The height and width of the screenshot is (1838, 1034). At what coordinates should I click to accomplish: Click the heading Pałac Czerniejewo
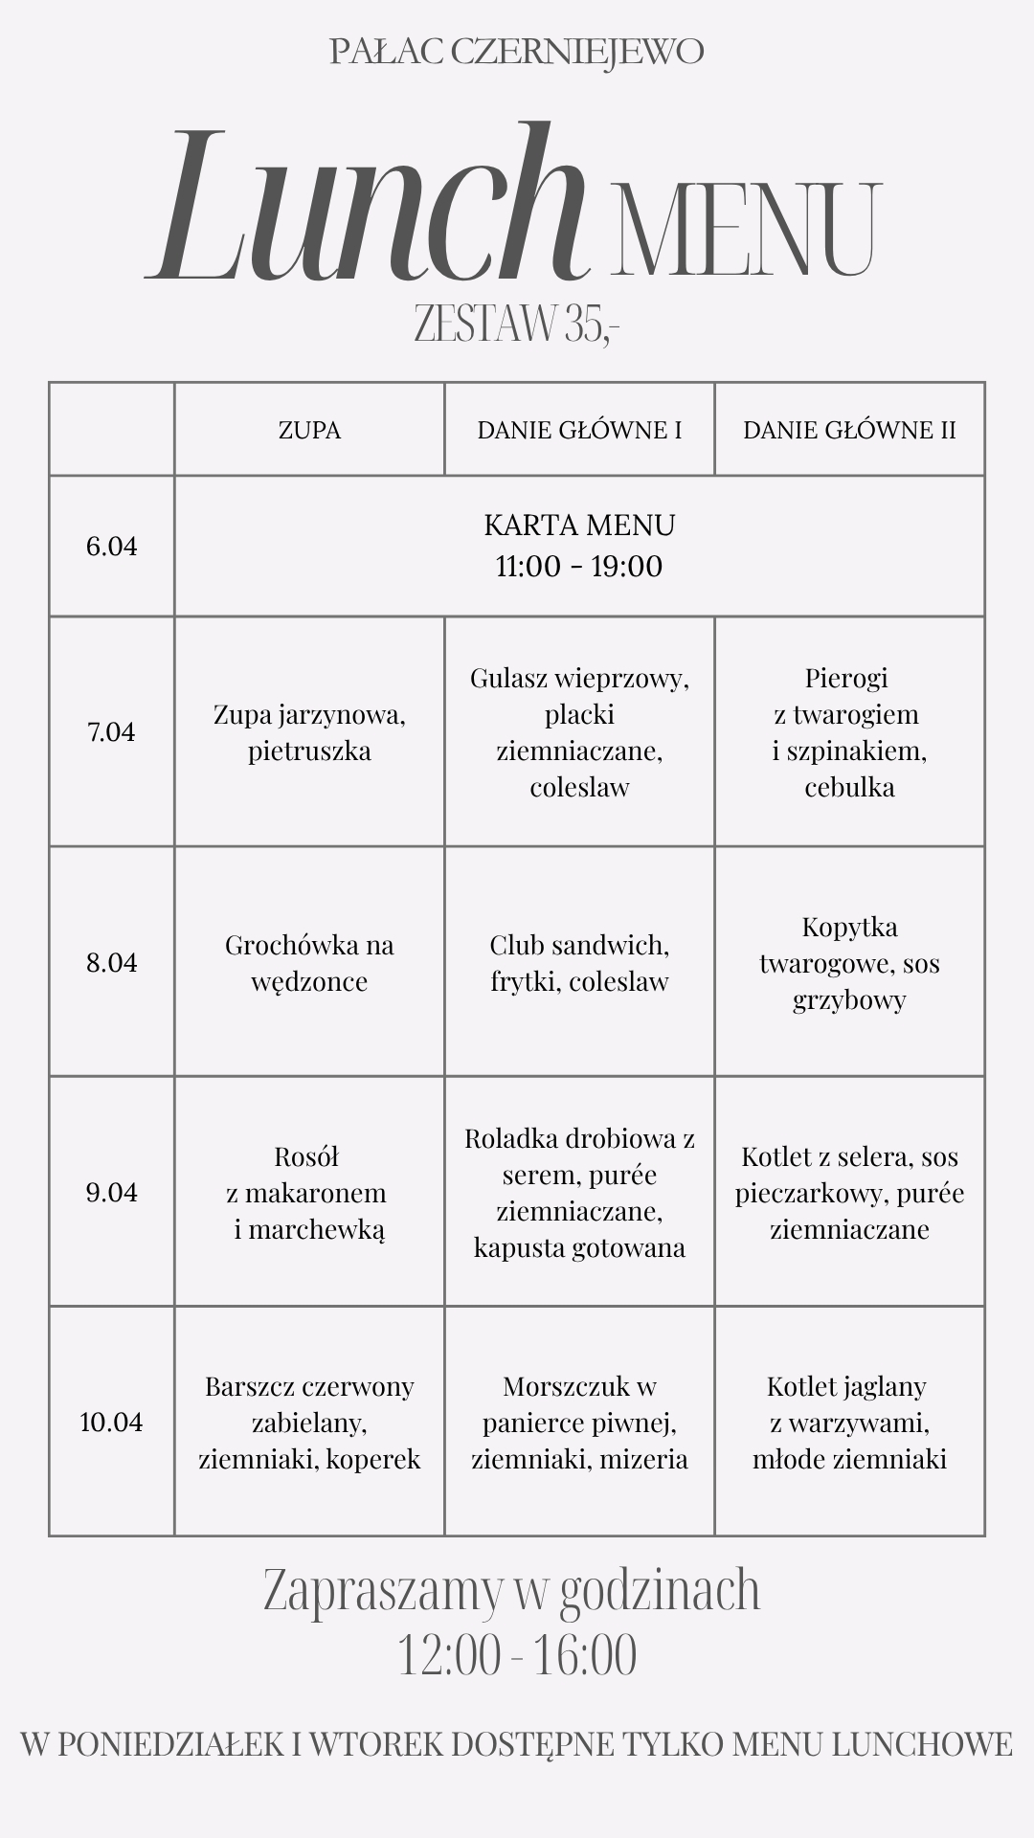coord(517,52)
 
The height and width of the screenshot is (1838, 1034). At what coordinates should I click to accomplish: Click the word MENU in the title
coord(745,230)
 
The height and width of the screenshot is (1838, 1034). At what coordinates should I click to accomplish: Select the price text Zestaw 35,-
coord(517,324)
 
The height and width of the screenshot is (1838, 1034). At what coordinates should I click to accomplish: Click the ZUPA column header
coord(309,430)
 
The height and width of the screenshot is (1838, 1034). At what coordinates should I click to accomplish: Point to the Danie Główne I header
coord(579,430)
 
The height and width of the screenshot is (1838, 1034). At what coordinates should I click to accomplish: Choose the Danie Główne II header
coord(849,430)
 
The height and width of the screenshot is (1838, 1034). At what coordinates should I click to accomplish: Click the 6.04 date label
coord(112,547)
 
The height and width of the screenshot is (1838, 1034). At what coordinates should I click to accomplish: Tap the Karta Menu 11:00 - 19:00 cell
coord(579,546)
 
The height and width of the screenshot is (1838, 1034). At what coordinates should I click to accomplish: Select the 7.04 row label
coord(112,732)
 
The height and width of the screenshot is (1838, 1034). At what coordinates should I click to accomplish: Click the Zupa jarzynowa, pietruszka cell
coord(309,732)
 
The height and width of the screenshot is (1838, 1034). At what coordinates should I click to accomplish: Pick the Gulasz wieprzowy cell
coord(579,732)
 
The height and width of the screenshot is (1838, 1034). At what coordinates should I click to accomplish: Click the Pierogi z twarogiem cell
coord(849,732)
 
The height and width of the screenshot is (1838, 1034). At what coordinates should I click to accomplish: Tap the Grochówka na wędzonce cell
coord(309,963)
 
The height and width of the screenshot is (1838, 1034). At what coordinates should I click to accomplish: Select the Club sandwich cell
coord(579,963)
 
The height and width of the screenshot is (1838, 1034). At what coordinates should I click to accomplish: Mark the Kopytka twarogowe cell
coord(849,963)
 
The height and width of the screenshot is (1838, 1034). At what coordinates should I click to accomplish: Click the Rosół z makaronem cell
coord(309,1193)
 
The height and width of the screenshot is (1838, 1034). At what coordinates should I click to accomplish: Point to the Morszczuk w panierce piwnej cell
coord(579,1423)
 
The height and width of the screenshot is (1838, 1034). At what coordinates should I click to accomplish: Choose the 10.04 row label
coord(112,1423)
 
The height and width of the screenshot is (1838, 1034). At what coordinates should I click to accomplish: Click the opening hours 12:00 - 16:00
coord(517,1656)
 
